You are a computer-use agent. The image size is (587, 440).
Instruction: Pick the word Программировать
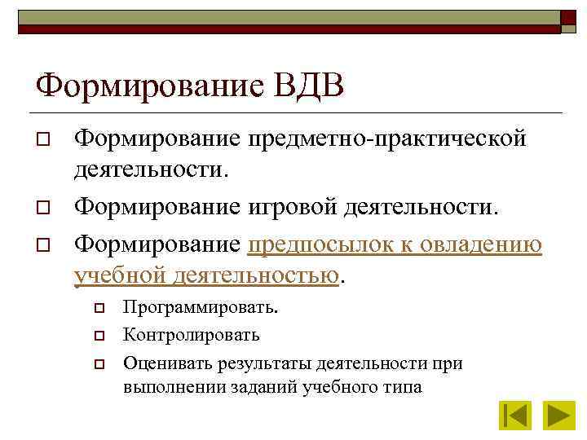pyautogui.click(x=199, y=309)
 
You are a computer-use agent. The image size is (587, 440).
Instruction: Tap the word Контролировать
pyautogui.click(x=192, y=335)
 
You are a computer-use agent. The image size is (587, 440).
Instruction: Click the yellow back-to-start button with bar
pyautogui.click(x=514, y=416)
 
